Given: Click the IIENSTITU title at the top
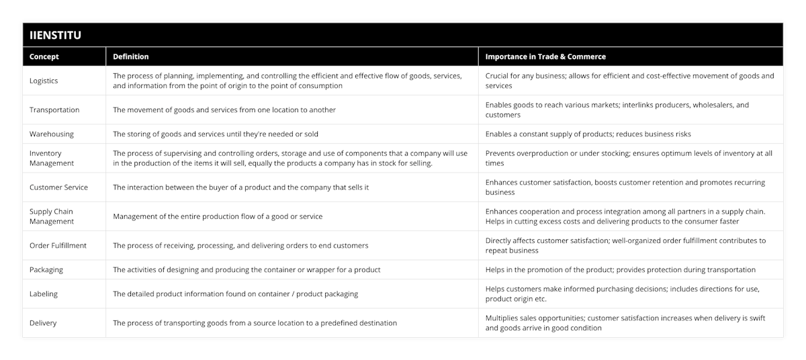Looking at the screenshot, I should click(55, 36).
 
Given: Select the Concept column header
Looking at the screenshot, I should click(44, 57).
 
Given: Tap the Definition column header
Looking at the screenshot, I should click(131, 57).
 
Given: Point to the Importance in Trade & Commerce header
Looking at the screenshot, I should click(545, 57).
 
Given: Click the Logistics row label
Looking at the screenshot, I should click(44, 81).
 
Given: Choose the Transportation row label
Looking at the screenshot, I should click(54, 109).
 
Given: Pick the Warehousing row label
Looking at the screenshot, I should click(52, 134).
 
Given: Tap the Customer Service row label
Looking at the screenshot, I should click(58, 187).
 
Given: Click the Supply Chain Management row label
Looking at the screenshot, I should click(52, 216).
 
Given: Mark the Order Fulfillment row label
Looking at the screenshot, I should click(58, 245).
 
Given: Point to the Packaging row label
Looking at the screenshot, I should click(46, 269).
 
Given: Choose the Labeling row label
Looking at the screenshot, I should click(44, 294).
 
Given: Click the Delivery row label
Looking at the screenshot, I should click(43, 322).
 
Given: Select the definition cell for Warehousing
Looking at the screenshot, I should click(216, 134).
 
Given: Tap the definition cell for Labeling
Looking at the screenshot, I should click(235, 294).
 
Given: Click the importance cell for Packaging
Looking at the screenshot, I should click(620, 269).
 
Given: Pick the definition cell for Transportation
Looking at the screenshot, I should click(224, 109).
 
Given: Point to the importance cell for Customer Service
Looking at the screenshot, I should click(625, 187).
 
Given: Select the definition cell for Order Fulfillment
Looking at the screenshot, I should click(240, 245).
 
